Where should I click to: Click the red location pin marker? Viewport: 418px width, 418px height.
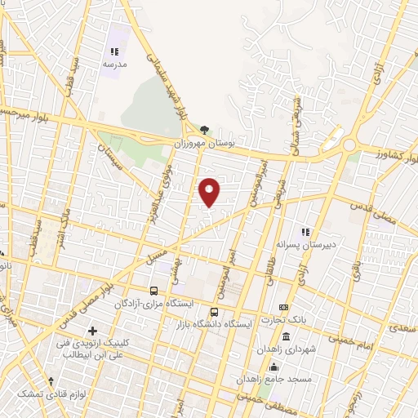[x=210, y=193]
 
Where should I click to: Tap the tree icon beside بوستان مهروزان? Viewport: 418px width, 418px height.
[x=204, y=129]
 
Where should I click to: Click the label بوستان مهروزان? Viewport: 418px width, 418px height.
[x=204, y=142]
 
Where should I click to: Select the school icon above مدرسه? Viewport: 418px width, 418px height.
[x=114, y=51]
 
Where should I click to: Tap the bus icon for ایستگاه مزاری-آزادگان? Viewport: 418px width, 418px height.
[x=153, y=291]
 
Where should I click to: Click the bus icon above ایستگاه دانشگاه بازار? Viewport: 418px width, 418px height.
[x=214, y=311]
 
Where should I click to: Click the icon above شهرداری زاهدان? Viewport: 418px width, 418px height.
[x=285, y=336]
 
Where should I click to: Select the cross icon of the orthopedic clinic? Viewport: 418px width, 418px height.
[x=91, y=331]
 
